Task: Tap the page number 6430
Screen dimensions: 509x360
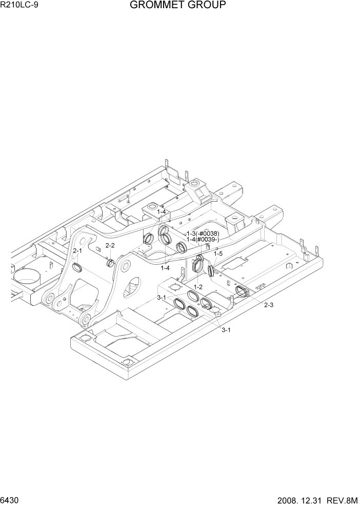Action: [11, 500]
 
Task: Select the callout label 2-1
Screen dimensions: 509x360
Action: [77, 251]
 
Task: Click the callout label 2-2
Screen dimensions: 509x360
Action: [110, 246]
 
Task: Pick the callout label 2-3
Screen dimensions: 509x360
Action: [268, 305]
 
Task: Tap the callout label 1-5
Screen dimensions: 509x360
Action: [218, 253]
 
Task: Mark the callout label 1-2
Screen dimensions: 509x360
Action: [198, 287]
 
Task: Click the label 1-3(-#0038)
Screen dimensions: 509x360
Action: [203, 233]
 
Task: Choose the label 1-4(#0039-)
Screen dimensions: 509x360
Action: [203, 240]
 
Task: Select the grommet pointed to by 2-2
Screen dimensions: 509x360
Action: [110, 263]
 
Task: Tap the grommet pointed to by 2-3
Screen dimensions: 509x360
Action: [242, 292]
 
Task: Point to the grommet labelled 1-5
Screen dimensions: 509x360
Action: [210, 269]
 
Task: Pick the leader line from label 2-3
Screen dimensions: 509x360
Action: [256, 299]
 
